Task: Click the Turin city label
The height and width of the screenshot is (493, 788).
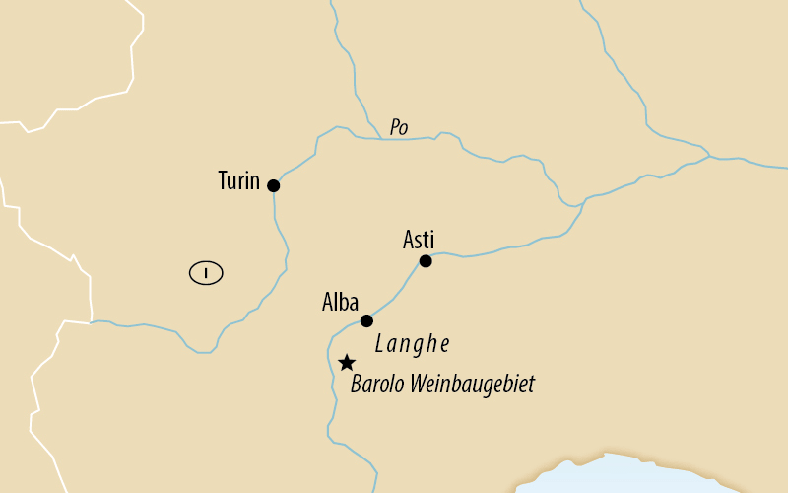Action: (x=238, y=181)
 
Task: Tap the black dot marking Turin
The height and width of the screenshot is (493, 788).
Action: (x=273, y=185)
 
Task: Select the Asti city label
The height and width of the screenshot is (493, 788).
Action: (x=419, y=240)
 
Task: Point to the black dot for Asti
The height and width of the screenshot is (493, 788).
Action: (x=426, y=261)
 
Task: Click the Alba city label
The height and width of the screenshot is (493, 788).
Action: (x=340, y=303)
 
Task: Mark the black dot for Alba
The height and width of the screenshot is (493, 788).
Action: (x=366, y=320)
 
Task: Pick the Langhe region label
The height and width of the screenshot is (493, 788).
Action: (x=412, y=344)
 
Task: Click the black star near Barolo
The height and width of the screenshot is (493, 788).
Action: (x=346, y=363)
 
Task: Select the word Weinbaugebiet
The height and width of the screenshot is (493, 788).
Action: (x=473, y=384)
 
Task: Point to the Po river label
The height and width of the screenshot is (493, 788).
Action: (x=399, y=127)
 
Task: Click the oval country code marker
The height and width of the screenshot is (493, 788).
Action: (x=206, y=272)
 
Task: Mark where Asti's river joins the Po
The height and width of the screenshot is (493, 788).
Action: (x=585, y=200)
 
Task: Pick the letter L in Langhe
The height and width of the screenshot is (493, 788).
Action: (x=379, y=344)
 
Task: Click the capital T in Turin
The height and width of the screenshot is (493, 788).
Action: (x=223, y=181)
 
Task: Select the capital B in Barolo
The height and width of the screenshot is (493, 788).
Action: (x=357, y=384)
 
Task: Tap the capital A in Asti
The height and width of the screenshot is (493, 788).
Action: (x=409, y=240)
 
